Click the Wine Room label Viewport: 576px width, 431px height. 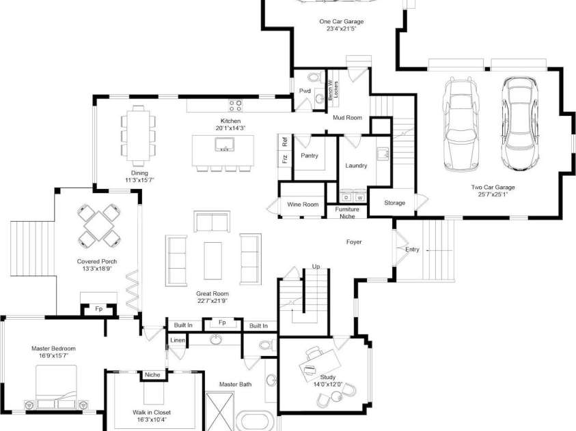(x=303, y=205)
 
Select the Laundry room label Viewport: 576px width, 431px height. (x=356, y=166)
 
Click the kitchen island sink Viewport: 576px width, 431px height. (x=223, y=145)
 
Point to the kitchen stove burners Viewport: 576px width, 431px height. (x=236, y=106)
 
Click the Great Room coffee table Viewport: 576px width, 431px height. (x=213, y=260)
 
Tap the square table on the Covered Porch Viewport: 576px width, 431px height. (x=98, y=225)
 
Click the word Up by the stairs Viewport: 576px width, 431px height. (x=316, y=266)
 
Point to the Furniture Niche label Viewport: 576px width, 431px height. (x=347, y=213)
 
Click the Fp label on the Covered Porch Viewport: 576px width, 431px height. (x=98, y=308)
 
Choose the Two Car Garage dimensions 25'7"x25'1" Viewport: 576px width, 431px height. (x=493, y=194)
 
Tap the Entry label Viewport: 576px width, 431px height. (x=412, y=250)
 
